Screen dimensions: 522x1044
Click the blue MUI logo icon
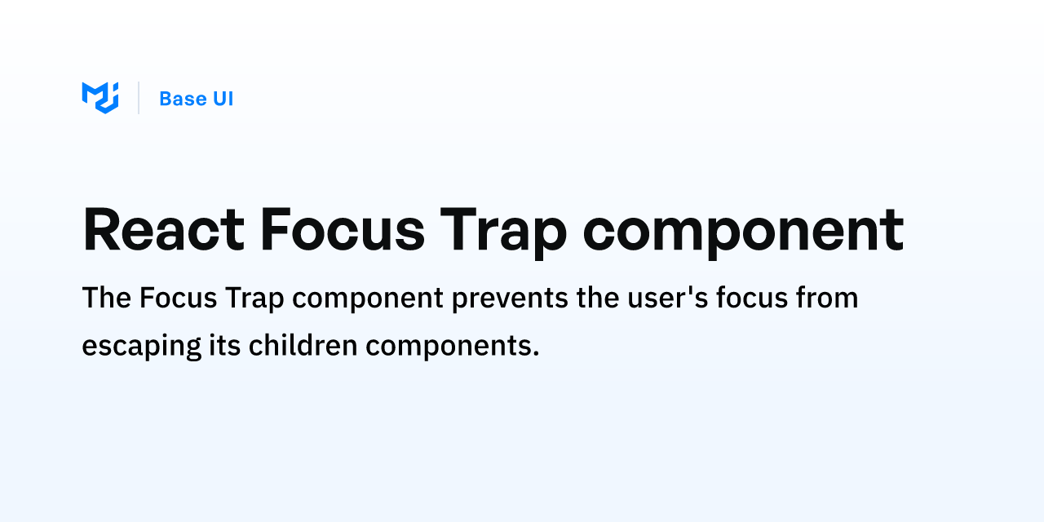tap(100, 98)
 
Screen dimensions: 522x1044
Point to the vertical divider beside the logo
tap(139, 98)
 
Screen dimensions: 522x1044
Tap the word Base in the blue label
tap(183, 99)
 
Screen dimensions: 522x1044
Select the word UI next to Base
tap(222, 99)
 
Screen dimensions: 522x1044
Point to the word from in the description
tap(828, 299)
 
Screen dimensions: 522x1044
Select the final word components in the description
tap(453, 347)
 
